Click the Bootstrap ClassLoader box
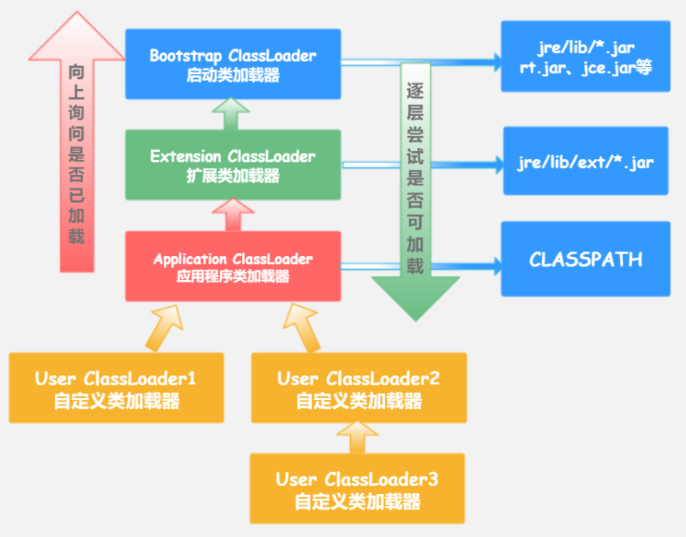232,65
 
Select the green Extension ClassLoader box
232,165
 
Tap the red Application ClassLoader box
232,267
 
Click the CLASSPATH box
585,259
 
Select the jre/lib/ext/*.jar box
585,161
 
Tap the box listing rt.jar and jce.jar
585,60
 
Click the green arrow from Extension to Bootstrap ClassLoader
232,113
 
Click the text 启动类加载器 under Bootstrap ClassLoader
232,76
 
